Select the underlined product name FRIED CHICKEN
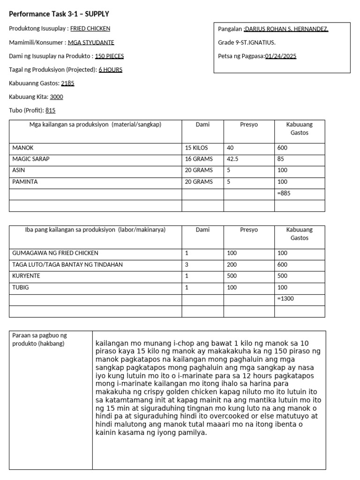click(90, 29)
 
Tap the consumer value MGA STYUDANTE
click(91, 42)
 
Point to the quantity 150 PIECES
click(109, 56)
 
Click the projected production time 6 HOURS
click(110, 69)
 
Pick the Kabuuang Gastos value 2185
click(67, 83)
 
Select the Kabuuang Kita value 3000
click(56, 97)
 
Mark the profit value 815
click(50, 110)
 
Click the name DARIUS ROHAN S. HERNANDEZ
click(287, 29)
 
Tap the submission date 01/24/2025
click(280, 56)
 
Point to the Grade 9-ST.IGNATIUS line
click(247, 43)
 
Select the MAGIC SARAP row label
click(31, 159)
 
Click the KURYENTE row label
click(26, 276)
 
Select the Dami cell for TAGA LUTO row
click(187, 264)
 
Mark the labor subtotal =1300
click(286, 298)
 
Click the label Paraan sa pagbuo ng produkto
click(40, 339)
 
